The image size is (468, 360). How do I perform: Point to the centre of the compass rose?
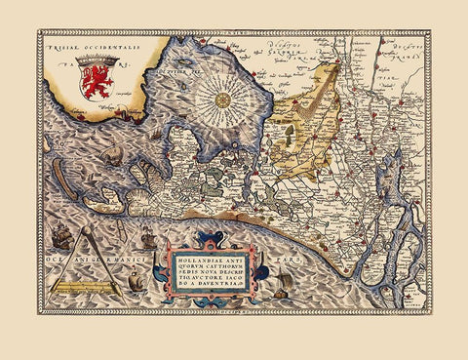point(222,99)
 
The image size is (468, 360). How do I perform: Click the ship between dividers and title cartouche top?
point(146,238)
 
